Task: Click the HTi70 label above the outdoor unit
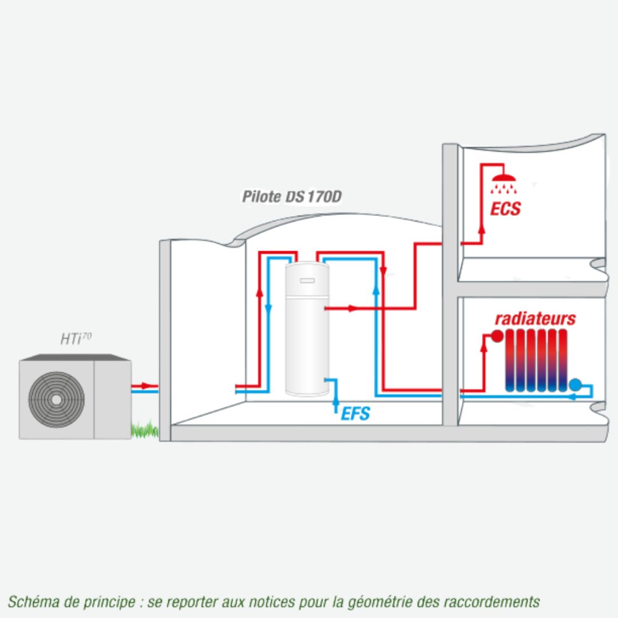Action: tap(76, 339)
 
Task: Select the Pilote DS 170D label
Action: tap(292, 197)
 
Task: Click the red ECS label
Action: tap(505, 209)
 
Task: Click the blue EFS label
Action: tap(355, 414)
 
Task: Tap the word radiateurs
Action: tap(535, 319)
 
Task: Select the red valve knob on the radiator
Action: tap(497, 336)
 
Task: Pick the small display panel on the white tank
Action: tap(307, 280)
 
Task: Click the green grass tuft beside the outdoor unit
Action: tap(145, 429)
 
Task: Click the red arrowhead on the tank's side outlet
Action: tap(352, 308)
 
